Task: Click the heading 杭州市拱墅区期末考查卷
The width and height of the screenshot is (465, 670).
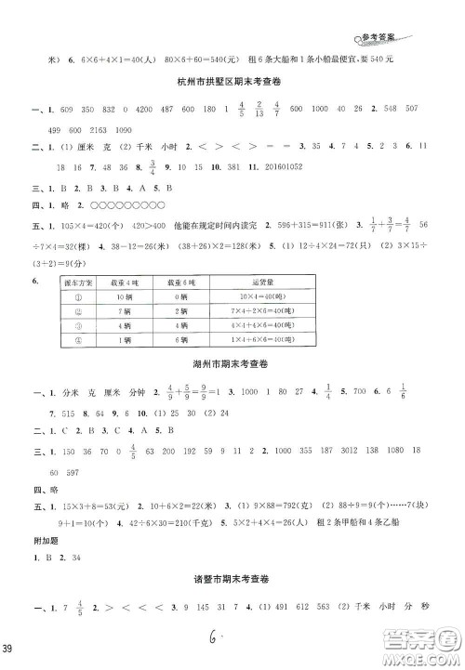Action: (x=232, y=85)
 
